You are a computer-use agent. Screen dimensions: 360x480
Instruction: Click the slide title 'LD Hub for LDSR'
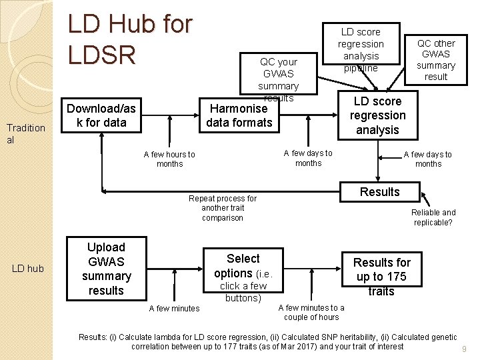130,39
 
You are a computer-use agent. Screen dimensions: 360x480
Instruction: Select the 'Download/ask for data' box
101,115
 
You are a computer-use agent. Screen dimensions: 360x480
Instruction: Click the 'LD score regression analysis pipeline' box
361,49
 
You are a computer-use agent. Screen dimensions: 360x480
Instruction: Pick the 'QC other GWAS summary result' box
436,60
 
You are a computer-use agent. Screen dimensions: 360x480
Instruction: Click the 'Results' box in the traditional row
379,192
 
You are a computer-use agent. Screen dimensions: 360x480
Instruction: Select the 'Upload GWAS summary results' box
106,269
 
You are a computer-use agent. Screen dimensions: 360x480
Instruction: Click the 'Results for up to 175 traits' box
381,277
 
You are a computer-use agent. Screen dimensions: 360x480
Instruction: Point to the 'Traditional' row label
25,134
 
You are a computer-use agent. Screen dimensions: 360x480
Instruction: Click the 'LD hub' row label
28,269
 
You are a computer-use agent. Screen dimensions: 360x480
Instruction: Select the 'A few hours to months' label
169,159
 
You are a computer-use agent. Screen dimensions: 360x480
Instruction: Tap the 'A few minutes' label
174,308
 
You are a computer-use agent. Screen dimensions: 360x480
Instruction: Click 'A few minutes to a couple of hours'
311,312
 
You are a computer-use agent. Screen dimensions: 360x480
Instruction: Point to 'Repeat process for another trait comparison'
222,208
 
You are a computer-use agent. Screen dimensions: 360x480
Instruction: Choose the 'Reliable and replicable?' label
433,217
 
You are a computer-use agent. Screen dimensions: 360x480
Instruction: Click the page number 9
463,349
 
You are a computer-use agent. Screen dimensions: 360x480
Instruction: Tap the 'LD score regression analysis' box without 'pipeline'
377,115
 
